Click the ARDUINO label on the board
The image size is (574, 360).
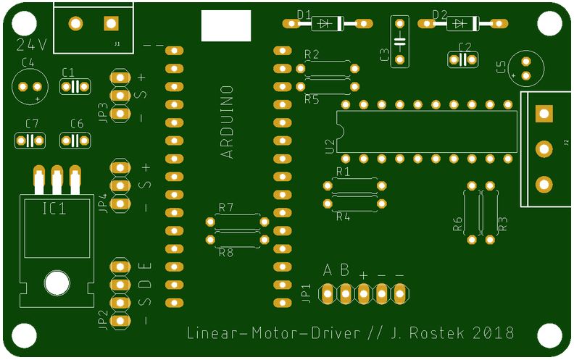pos(227,122)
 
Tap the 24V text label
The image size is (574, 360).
pos(31,45)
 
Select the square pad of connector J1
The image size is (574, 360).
pos(111,23)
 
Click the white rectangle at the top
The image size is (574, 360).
pos(226,26)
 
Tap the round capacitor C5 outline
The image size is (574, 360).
pos(525,68)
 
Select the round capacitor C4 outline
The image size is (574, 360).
pos(30,86)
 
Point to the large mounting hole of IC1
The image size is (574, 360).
pos(57,282)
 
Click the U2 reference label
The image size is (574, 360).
pos(330,146)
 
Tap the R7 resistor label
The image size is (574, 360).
pos(226,208)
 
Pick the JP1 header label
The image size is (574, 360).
pos(306,293)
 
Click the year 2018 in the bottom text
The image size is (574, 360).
pos(494,333)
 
